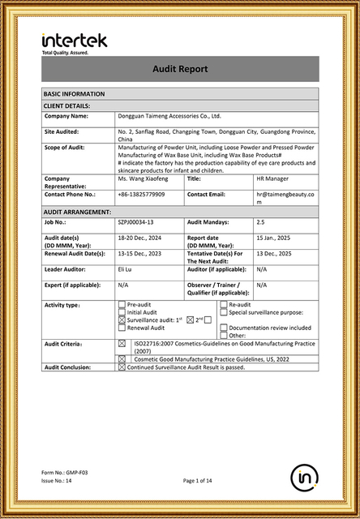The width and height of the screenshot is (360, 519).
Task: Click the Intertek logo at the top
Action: coord(74,41)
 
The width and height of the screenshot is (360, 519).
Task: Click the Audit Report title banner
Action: coord(180,70)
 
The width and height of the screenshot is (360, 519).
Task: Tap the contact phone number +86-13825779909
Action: coord(141,195)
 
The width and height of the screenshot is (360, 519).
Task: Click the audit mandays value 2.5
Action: coord(260,221)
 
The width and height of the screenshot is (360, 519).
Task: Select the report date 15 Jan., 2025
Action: coord(273,237)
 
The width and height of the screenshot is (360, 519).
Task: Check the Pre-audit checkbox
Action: coord(122,305)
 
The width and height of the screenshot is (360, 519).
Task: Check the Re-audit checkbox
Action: coord(223,305)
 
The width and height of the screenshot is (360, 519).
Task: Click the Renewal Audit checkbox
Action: coord(122,328)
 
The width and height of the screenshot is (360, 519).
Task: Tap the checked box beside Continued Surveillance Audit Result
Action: coord(122,367)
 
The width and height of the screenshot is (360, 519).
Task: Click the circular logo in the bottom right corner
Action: coord(305,478)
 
